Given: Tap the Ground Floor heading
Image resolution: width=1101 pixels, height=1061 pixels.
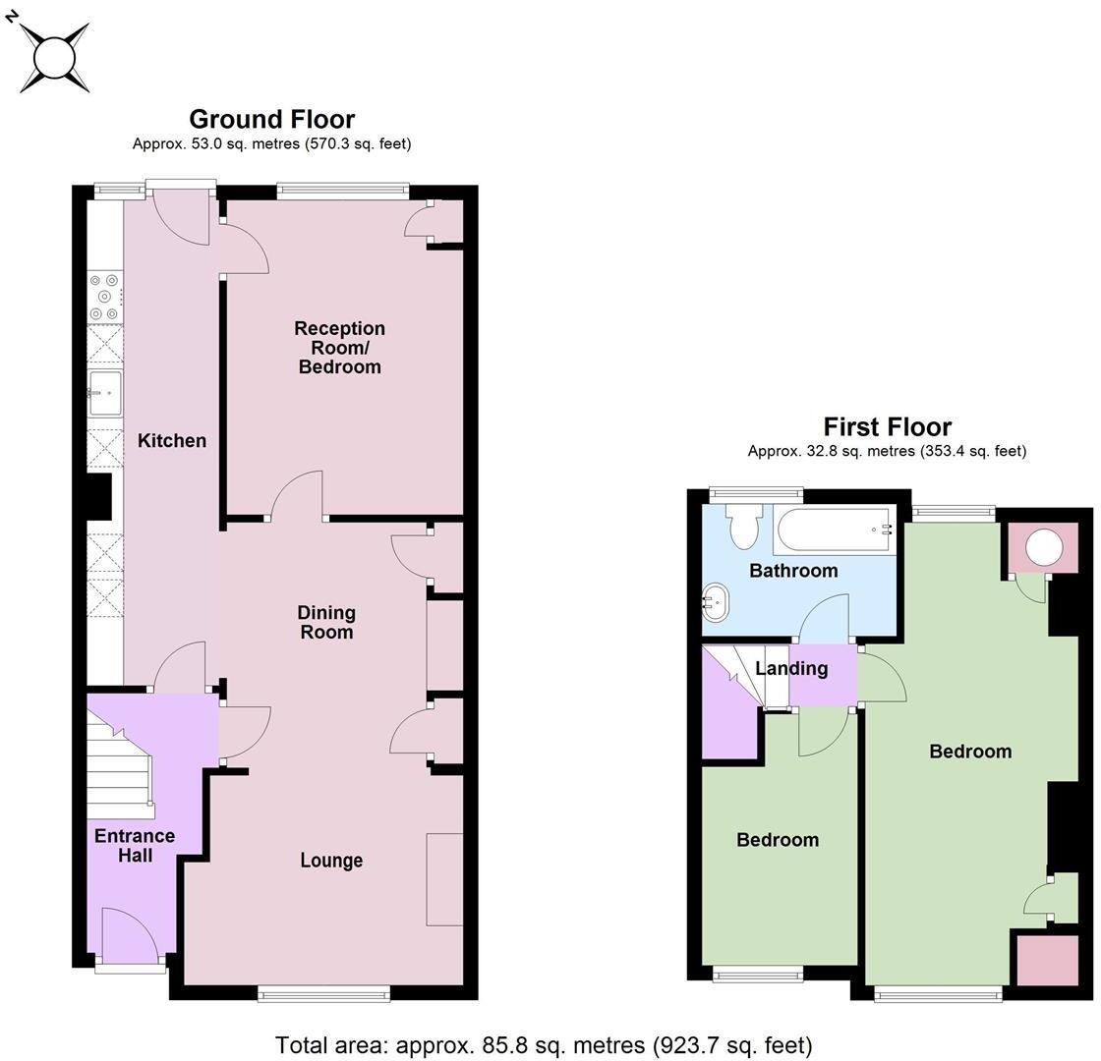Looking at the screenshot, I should pos(271,119).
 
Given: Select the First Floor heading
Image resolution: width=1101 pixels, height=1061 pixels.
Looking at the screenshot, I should pos(887,426).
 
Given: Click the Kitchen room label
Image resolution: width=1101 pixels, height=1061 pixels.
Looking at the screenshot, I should pos(171,440).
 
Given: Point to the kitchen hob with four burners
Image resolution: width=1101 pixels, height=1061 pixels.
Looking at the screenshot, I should pos(104,297).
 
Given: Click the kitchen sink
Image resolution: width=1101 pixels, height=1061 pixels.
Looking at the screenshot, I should pos(105,393).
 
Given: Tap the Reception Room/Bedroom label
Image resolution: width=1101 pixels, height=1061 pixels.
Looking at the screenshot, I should pos(339,347).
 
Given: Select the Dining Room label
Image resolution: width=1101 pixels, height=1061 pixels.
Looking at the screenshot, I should pos(326,622).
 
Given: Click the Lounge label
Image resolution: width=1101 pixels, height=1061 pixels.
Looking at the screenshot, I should pos(331,861).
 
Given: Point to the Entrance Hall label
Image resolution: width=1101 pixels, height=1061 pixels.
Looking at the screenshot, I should pos(135,845).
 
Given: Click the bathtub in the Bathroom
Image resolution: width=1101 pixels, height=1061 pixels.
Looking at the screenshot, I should pos(835,530).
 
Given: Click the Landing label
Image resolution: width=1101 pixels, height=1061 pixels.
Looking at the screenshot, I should pos(791,669).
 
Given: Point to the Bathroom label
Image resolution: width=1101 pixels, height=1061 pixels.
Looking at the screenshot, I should pos(793,571).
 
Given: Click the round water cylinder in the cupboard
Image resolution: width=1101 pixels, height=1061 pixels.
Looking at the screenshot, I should pos(1043,547).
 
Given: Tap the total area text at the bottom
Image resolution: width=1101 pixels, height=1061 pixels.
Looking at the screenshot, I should pos(544,1044).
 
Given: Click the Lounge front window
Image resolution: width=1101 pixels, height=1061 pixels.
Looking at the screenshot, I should pos(323,994).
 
